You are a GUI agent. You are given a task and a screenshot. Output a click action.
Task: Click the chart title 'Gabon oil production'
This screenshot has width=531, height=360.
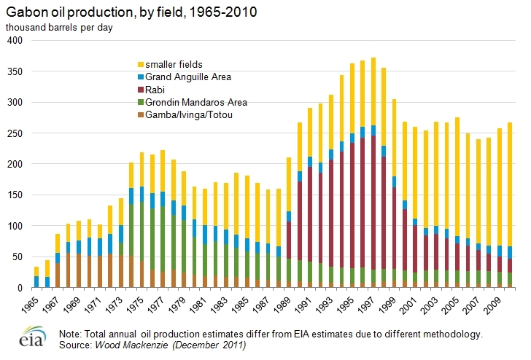point(132,13)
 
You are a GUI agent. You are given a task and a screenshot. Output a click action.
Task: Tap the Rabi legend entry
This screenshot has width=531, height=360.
point(156,88)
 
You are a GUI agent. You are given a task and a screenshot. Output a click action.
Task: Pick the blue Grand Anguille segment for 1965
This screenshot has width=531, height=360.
point(36,281)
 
